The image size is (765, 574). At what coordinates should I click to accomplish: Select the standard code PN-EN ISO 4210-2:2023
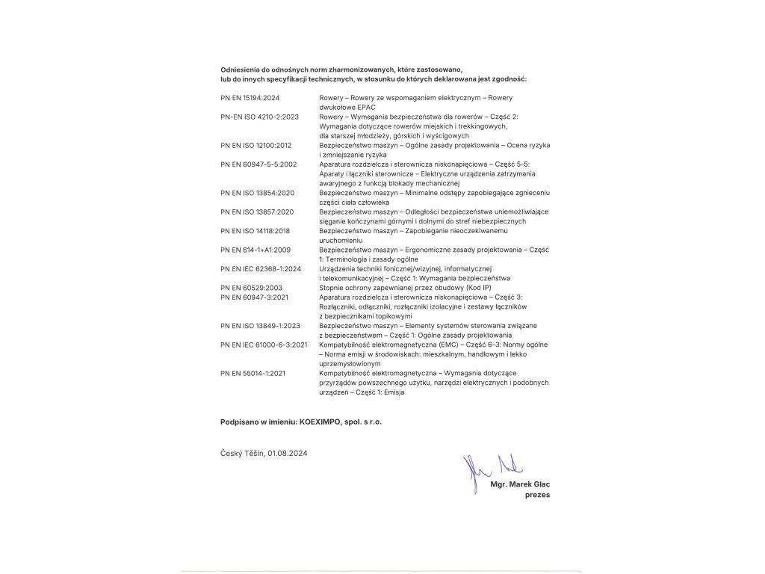[260, 117]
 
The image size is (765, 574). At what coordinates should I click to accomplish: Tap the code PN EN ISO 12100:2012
[255, 145]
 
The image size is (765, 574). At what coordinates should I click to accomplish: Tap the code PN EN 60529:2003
[251, 287]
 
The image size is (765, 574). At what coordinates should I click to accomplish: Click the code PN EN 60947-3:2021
[255, 297]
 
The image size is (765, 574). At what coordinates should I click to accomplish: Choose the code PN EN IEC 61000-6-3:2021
[264, 345]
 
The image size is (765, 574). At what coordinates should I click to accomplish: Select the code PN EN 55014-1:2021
[253, 373]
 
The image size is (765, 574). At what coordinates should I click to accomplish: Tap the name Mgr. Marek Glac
[520, 484]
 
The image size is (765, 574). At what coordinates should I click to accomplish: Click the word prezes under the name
[538, 495]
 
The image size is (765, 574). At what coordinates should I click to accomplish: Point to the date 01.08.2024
[288, 453]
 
